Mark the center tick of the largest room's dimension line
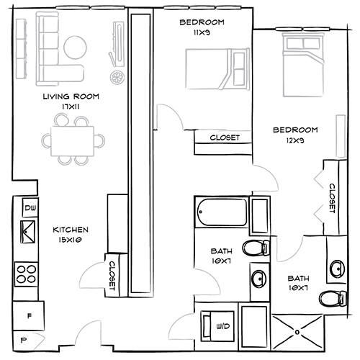click(92, 6)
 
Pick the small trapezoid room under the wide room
click(309, 210)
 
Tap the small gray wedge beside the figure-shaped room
click(42, 336)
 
